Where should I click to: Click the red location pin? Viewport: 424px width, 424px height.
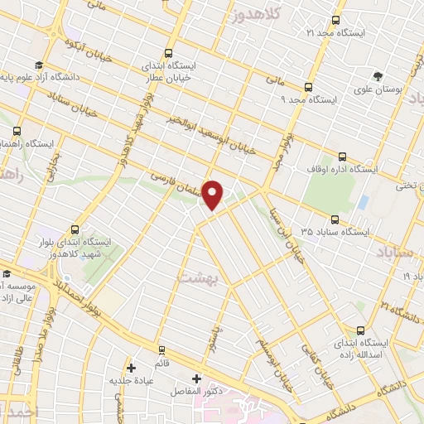213,195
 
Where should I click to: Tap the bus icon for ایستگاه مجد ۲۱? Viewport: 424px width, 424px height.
335,21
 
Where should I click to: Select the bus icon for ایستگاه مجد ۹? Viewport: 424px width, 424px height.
308,87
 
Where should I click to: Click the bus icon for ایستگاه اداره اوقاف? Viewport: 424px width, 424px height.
342,157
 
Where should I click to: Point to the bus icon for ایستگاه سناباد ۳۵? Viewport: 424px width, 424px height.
335,219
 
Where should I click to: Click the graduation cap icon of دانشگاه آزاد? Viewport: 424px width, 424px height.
38,65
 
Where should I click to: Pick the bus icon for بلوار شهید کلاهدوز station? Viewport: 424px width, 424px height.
75,229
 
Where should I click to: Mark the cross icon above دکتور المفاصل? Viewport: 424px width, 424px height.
196,378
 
